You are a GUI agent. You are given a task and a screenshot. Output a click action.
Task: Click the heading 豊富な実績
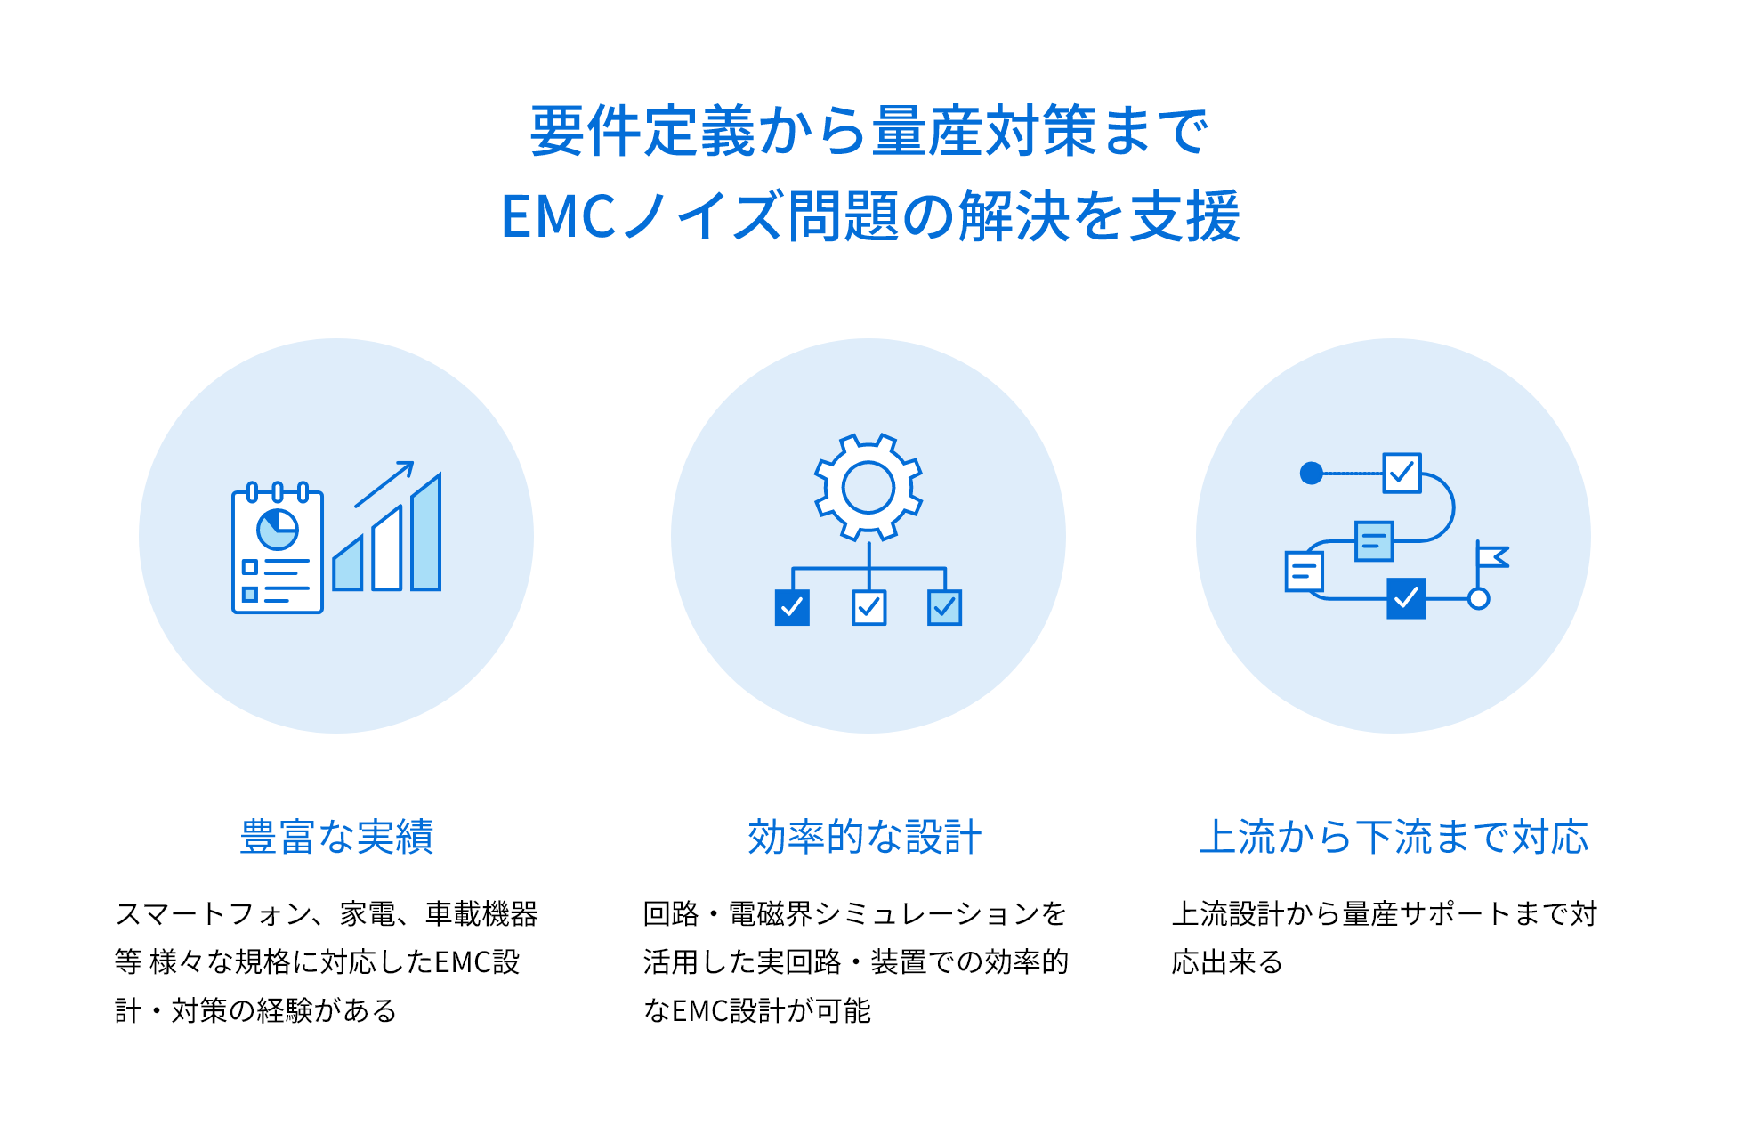coord(336,837)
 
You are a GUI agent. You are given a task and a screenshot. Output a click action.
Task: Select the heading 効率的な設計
coord(864,837)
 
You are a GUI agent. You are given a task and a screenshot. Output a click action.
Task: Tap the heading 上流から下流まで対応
coord(1394,837)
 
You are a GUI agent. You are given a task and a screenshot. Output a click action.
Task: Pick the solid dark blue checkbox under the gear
coord(792,608)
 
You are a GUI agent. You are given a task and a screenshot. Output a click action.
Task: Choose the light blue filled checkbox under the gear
coord(944,608)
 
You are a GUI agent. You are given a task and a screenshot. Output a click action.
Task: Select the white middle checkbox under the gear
coord(868,608)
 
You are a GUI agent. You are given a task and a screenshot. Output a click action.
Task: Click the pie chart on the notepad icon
coord(278,529)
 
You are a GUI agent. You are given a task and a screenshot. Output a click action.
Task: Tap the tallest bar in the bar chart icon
coord(426,532)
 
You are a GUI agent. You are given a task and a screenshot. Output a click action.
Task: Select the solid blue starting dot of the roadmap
coord(1311,473)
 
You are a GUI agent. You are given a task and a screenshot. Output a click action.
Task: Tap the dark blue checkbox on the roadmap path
coord(1406,598)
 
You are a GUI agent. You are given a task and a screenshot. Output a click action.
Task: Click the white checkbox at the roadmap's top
coord(1402,473)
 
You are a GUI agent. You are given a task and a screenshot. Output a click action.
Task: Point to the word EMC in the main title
coord(559,216)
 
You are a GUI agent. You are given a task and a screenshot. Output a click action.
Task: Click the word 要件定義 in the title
coord(643,131)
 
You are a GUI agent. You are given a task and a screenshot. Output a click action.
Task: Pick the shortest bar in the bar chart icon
coord(348,563)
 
